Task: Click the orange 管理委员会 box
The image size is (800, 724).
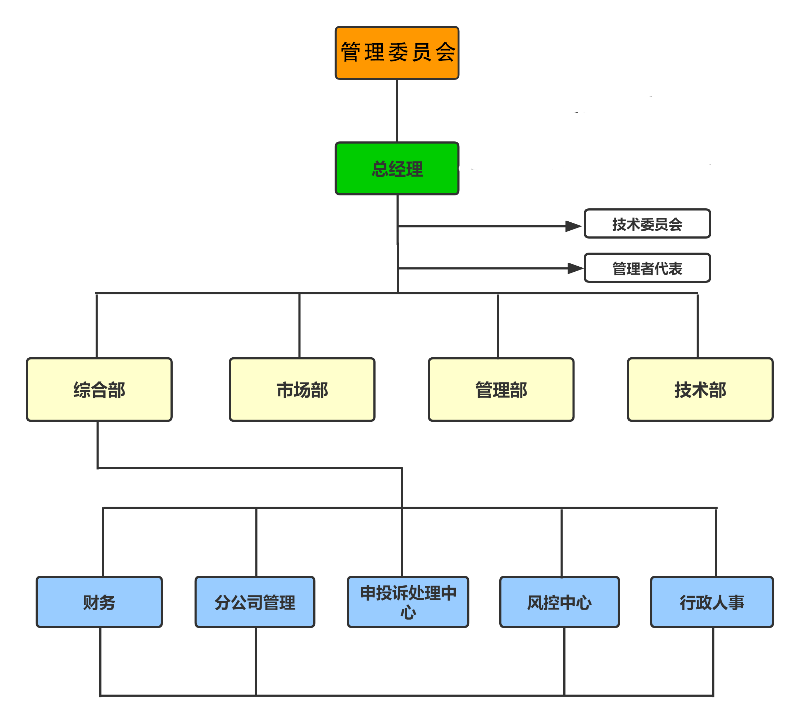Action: (x=397, y=53)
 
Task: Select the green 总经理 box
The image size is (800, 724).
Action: (x=397, y=168)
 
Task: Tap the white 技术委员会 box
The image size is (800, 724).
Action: (x=647, y=224)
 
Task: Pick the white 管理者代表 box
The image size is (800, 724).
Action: (x=647, y=268)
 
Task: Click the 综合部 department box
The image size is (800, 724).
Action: (x=99, y=389)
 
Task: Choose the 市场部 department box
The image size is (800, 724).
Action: (x=302, y=389)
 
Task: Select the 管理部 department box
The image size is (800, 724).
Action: (x=501, y=389)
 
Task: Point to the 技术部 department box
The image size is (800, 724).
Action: (x=700, y=389)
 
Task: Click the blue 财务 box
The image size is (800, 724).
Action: (x=99, y=602)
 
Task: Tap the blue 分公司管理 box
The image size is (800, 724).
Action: (x=255, y=602)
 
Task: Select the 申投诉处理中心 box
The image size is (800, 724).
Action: (x=408, y=602)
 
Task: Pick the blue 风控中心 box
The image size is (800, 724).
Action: (x=559, y=602)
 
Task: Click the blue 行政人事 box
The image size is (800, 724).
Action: (x=712, y=602)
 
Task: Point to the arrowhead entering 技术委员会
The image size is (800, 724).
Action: (x=574, y=226)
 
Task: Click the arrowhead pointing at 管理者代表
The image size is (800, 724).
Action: (x=576, y=268)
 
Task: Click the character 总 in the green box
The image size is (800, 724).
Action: (x=380, y=169)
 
